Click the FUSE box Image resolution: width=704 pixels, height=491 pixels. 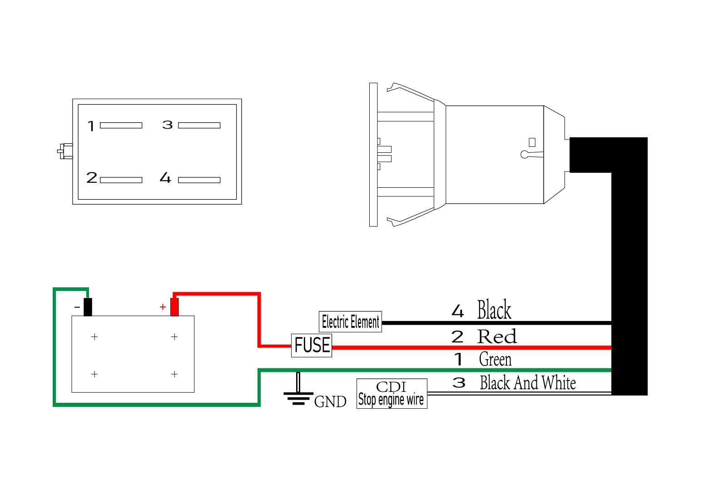[312, 345]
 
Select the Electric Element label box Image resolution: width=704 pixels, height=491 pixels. [350, 322]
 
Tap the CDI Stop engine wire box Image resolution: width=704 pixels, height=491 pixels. [392, 394]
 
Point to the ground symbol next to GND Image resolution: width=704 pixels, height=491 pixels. [298, 394]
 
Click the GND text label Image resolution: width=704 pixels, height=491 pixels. [330, 402]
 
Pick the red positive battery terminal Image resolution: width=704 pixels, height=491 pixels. [174, 307]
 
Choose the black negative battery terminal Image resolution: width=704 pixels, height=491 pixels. [88, 307]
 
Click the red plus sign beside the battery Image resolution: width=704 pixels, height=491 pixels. [163, 307]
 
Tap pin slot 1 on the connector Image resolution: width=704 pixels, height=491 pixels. [121, 125]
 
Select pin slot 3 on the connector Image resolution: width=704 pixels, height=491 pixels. [199, 125]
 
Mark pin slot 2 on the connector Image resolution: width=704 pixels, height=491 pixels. [121, 180]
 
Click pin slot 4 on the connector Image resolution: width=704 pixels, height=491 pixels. [199, 180]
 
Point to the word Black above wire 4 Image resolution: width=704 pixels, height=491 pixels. [494, 310]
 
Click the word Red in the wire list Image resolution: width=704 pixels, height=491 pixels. [497, 337]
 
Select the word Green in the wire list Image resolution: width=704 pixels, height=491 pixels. [495, 360]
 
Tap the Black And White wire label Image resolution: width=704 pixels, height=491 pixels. [528, 383]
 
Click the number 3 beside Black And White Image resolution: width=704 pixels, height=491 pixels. [459, 383]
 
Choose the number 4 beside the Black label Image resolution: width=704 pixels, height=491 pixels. [458, 311]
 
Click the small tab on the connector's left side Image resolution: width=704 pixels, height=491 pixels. [65, 151]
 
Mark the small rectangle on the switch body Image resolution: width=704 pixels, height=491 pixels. [532, 142]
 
